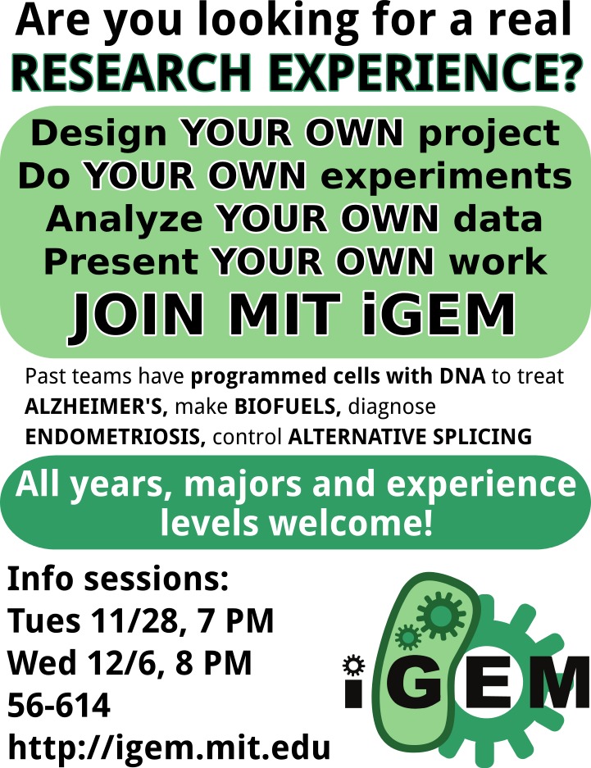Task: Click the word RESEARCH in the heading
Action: click(x=132, y=74)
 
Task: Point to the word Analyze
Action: click(x=124, y=220)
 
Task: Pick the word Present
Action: click(x=121, y=261)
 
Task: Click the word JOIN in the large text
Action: click(x=137, y=314)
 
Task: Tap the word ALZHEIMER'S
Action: click(x=96, y=407)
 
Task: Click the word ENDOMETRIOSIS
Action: click(x=115, y=436)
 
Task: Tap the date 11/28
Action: click(x=133, y=620)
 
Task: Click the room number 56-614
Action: click(x=59, y=706)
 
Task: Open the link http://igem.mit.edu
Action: click(x=169, y=748)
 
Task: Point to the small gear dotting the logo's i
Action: click(x=354, y=666)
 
